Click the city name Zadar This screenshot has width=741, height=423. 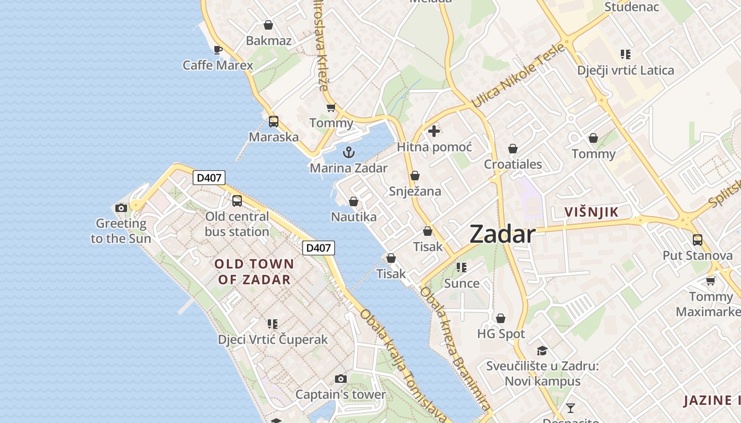(x=502, y=234)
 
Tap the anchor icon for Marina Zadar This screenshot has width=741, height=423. (x=348, y=153)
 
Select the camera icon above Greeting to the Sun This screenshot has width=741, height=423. (x=121, y=208)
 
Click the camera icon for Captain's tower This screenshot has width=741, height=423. (x=341, y=379)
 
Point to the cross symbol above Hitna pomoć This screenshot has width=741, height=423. (x=434, y=131)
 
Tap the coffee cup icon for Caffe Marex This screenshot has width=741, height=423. (x=218, y=50)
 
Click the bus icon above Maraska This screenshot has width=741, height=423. (x=273, y=121)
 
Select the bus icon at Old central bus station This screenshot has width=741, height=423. (x=237, y=201)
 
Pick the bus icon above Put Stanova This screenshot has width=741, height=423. (x=697, y=240)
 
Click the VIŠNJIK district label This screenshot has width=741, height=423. (x=591, y=213)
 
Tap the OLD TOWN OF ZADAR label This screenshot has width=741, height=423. (x=254, y=272)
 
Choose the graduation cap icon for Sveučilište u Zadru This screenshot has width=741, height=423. (x=542, y=351)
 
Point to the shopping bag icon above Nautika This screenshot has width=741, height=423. (x=354, y=201)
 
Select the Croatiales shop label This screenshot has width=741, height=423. (x=513, y=164)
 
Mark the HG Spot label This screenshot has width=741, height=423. (x=501, y=334)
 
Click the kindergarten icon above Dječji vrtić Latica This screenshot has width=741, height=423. (x=626, y=54)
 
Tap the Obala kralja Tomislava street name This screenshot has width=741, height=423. (x=402, y=365)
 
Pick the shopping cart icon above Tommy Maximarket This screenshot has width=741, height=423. (x=710, y=281)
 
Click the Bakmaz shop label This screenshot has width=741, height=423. (x=268, y=41)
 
